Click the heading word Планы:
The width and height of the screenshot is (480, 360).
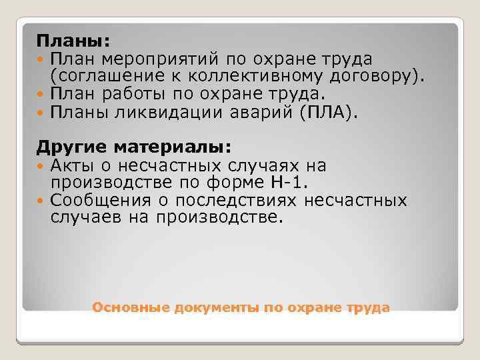(x=68, y=43)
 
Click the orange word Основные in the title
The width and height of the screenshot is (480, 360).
(x=131, y=307)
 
